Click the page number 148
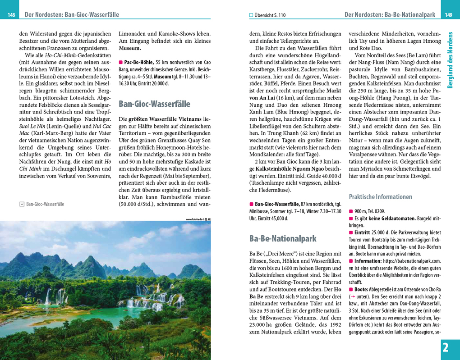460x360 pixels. pyautogui.click(x=11, y=15)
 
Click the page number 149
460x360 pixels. pyautogui.click(x=448, y=15)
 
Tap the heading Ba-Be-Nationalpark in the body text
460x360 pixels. pyautogui.click(x=283, y=238)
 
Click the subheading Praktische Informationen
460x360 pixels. pyautogui.click(x=380, y=197)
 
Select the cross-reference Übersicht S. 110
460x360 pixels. pyautogui.click(x=270, y=15)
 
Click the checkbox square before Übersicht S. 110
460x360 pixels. pyautogui.click(x=252, y=15)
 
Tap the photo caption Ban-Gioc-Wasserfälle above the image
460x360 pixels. pyautogui.click(x=45, y=204)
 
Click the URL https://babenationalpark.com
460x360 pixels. pyautogui.click(x=410, y=261)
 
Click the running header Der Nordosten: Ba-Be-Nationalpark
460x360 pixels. pyautogui.click(x=390, y=15)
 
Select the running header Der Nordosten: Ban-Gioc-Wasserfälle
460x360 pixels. pyautogui.click(x=72, y=15)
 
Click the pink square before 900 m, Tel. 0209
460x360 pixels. pyautogui.click(x=351, y=211)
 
